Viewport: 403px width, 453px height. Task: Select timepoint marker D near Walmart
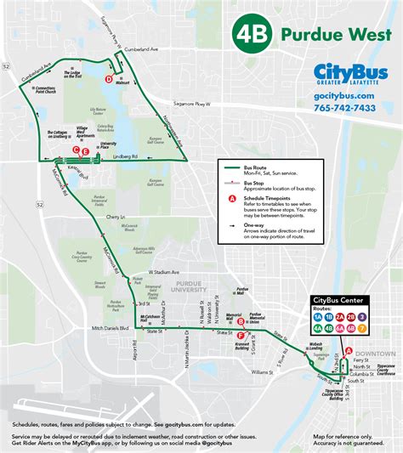[x=108, y=79]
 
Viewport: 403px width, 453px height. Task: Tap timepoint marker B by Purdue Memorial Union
[x=242, y=321]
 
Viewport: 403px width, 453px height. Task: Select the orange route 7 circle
[x=385, y=327]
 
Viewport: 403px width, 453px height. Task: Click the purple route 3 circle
[x=385, y=314]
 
